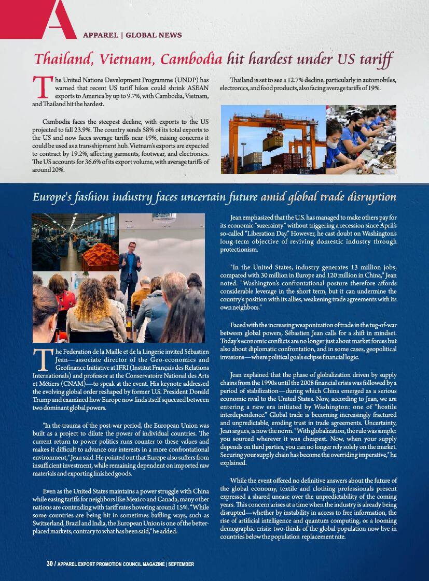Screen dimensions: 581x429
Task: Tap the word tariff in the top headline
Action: pos(373,59)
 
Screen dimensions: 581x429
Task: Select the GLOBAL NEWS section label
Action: pos(154,35)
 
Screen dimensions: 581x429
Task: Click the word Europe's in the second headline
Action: pos(54,197)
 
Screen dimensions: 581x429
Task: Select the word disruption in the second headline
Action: pos(370,197)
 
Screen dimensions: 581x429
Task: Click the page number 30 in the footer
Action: pos(50,564)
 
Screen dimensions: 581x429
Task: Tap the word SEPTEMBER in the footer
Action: pos(181,564)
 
